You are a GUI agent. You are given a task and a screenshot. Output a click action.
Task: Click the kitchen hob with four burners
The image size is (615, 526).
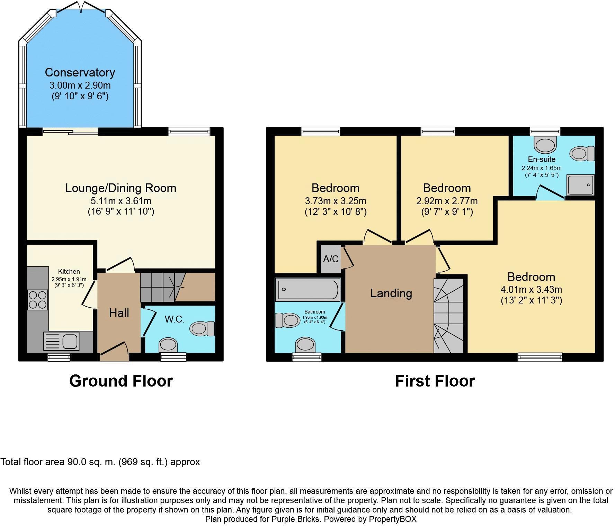(x=38, y=300)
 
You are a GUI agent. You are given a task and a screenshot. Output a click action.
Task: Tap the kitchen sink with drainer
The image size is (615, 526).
(x=61, y=341)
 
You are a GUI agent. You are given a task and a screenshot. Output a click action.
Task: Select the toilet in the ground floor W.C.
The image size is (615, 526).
(x=202, y=328)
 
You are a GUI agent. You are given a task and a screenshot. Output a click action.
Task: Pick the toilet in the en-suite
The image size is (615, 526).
(x=583, y=153)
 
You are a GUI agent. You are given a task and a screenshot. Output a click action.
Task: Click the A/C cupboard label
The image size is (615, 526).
(x=330, y=259)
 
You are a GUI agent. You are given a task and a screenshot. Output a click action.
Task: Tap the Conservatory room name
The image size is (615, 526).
(x=80, y=72)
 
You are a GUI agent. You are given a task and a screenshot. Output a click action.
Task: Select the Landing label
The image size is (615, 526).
(x=391, y=293)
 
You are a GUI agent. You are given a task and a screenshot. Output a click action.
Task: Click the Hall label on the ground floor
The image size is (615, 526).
(x=119, y=313)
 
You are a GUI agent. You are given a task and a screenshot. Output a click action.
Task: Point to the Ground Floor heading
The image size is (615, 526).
(x=121, y=381)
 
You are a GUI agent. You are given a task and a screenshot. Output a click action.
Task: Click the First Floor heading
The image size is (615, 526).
(x=435, y=381)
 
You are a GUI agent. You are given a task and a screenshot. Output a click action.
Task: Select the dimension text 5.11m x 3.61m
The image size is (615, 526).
(x=121, y=201)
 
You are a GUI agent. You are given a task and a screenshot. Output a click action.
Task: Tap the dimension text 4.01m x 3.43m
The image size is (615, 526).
(x=531, y=289)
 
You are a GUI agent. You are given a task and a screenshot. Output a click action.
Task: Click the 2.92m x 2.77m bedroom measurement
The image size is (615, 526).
(x=447, y=201)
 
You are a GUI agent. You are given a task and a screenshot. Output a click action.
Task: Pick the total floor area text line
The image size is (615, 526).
(x=100, y=462)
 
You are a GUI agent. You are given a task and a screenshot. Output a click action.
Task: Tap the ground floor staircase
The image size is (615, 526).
(x=178, y=287)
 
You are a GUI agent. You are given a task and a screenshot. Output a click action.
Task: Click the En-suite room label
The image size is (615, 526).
(x=542, y=159)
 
